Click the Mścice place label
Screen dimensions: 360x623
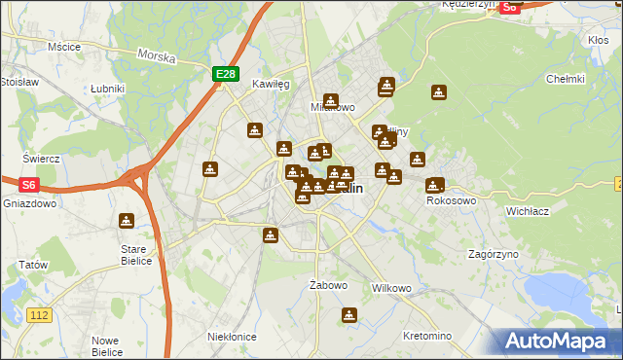63,46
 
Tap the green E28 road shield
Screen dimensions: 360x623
225,74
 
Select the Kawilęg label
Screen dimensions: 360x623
272,85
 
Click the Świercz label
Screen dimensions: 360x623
42,159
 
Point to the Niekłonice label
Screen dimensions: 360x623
232,336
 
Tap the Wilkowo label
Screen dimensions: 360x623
392,289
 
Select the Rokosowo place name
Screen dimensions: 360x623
451,200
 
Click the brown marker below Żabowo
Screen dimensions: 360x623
348,315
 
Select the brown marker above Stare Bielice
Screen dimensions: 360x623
126,221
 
